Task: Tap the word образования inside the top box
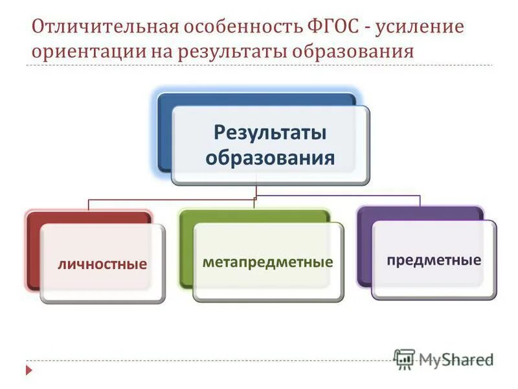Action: pos(270,158)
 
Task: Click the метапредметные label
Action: pos(267,262)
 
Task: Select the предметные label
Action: pos(434,260)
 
